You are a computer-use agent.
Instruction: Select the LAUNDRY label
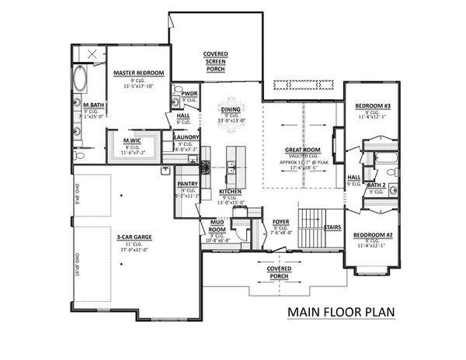(x=189, y=137)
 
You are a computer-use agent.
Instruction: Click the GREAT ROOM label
(x=299, y=151)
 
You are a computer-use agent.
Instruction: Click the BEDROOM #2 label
(x=372, y=234)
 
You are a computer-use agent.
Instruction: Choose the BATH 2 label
(x=376, y=185)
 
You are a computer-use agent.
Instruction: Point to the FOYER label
(x=281, y=221)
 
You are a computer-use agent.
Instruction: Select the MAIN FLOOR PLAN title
(x=341, y=313)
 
